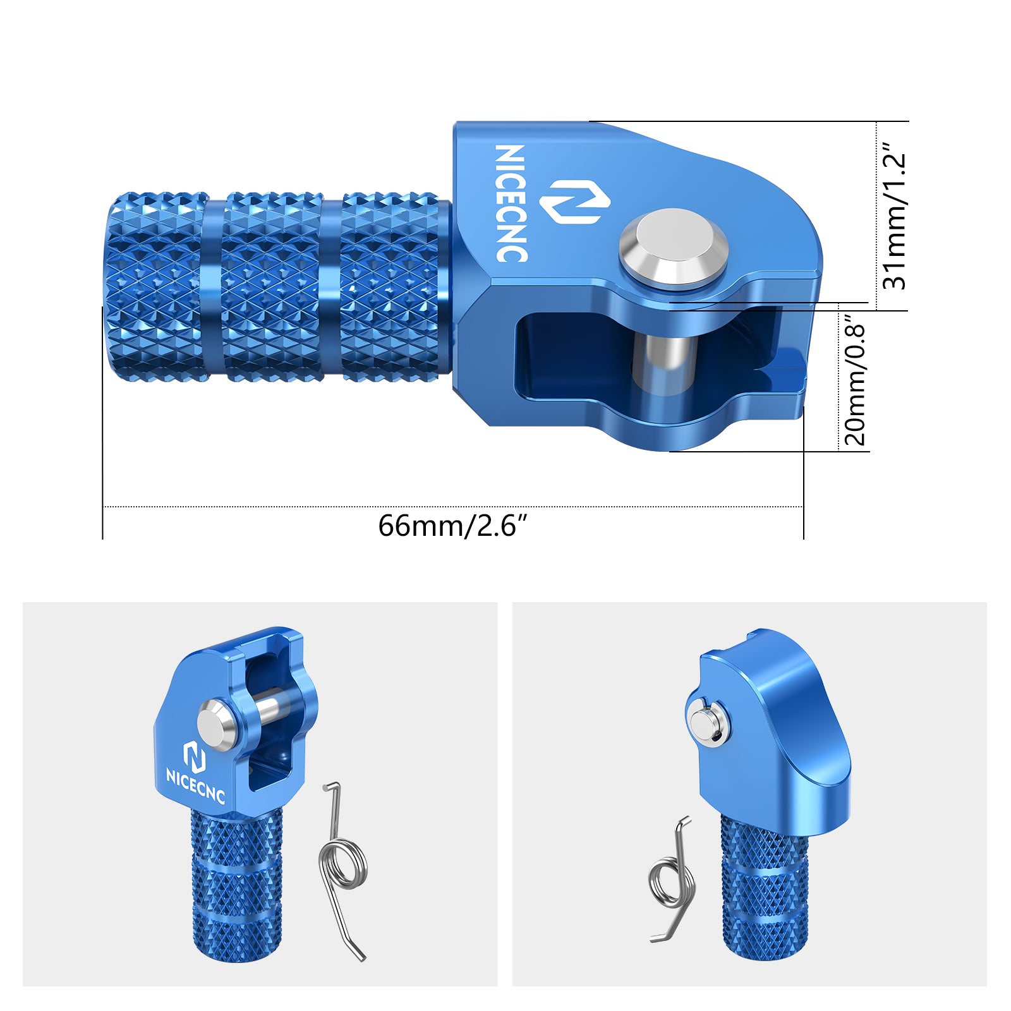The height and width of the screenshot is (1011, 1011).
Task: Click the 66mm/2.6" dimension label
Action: tap(452, 526)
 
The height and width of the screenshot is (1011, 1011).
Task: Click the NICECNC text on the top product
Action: tap(511, 203)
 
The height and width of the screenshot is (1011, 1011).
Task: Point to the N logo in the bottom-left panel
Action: tap(194, 756)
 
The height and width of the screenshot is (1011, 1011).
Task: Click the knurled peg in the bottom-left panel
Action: tap(237, 885)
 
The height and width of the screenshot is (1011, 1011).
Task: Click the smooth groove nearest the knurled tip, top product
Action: tap(212, 288)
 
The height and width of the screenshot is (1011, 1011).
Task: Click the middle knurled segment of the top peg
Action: tap(272, 288)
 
